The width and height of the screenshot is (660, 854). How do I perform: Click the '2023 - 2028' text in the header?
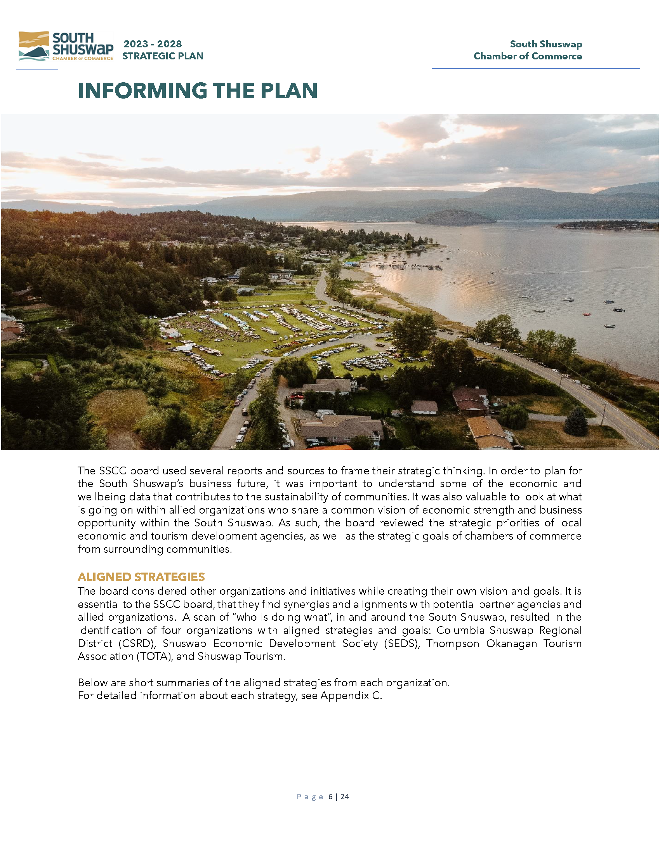(153, 44)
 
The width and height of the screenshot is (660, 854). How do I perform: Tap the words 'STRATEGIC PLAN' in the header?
(163, 56)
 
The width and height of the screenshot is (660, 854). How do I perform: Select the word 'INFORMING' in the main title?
(142, 91)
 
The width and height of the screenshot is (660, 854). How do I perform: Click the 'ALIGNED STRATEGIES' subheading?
(141, 577)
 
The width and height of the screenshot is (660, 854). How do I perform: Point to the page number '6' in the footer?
(330, 797)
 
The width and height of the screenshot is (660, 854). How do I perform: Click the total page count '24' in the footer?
(344, 797)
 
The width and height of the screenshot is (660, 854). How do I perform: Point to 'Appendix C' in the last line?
(351, 695)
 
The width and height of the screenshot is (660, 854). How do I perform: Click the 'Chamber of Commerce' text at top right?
(528, 56)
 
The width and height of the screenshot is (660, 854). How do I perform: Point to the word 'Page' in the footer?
(310, 797)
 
